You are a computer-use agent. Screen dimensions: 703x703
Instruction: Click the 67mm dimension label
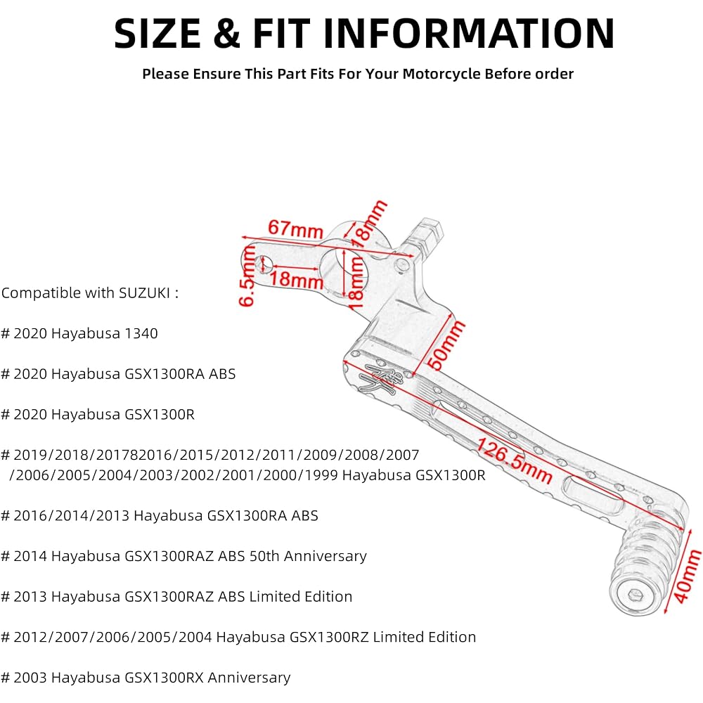click(x=295, y=229)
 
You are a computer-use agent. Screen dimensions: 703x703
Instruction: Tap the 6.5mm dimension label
click(x=247, y=276)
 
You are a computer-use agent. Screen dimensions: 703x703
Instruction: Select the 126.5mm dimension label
click(x=514, y=460)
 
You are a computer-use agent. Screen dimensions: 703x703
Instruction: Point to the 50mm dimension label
click(x=446, y=344)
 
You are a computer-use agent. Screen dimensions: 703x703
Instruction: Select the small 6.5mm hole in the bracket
click(x=264, y=264)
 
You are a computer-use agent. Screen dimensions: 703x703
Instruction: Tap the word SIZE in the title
click(x=157, y=33)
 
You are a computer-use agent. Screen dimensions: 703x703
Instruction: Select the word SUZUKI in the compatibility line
click(x=144, y=292)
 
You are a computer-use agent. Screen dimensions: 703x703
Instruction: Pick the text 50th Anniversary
click(x=308, y=556)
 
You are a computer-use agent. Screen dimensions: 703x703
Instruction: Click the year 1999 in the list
click(x=321, y=475)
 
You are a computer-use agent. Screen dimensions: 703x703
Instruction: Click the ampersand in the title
click(x=227, y=33)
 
